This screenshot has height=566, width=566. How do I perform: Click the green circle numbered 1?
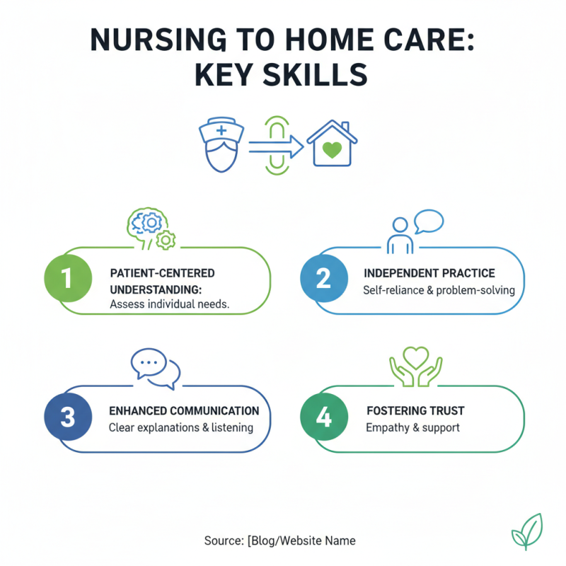point(67,278)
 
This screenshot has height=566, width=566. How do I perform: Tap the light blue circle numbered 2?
point(323,278)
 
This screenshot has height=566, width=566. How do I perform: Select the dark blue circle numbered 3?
point(67,417)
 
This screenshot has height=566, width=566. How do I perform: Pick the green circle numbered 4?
point(323,417)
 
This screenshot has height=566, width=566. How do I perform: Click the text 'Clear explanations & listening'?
point(181,427)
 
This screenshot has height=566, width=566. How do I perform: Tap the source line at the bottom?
point(280,541)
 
